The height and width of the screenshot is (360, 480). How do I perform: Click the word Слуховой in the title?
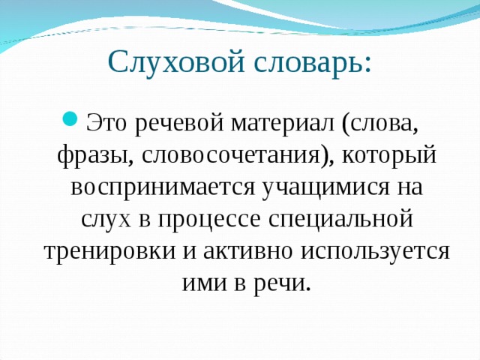[x=176, y=63]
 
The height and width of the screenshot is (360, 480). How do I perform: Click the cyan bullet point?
[x=70, y=118]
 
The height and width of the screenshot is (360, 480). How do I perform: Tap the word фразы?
[x=95, y=157]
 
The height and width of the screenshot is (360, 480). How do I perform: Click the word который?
[x=388, y=155]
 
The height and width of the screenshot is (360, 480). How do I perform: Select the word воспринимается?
[x=163, y=187]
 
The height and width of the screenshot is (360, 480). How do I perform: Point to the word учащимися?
[x=326, y=187]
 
